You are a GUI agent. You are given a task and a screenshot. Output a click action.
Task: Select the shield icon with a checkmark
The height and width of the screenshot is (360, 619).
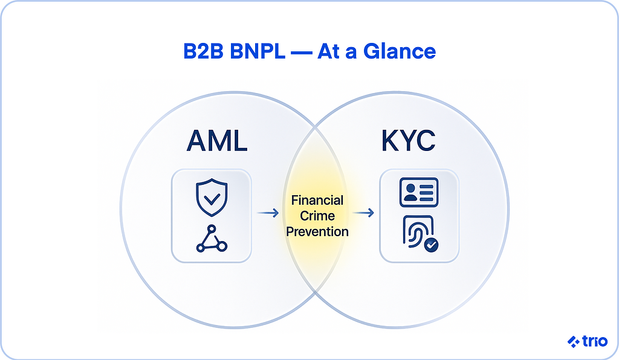pos(211,196)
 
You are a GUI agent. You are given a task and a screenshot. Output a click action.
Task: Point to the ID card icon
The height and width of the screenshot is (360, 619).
pos(418,193)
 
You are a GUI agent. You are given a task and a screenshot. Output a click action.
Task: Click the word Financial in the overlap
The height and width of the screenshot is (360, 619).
pos(317,200)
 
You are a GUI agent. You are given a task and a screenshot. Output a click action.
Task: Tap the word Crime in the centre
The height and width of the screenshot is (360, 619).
pos(317,216)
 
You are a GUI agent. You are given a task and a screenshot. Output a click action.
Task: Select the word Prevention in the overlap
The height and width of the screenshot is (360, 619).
pos(317,231)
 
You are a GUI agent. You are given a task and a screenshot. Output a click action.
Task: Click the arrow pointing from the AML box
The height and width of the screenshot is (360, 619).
pos(267,213)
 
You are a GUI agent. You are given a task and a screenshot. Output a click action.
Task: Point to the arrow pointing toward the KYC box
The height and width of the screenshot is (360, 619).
pos(363,213)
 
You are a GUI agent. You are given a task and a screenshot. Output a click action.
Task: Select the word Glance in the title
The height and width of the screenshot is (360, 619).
pos(400,51)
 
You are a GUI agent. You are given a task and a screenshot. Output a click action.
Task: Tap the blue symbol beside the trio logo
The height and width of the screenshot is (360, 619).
pos(574,342)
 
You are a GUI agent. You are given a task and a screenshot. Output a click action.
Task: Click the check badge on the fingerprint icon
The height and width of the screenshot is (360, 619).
pos(431,245)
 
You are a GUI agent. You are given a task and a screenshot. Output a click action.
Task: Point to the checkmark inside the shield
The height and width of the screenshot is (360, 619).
pos(211,197)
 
